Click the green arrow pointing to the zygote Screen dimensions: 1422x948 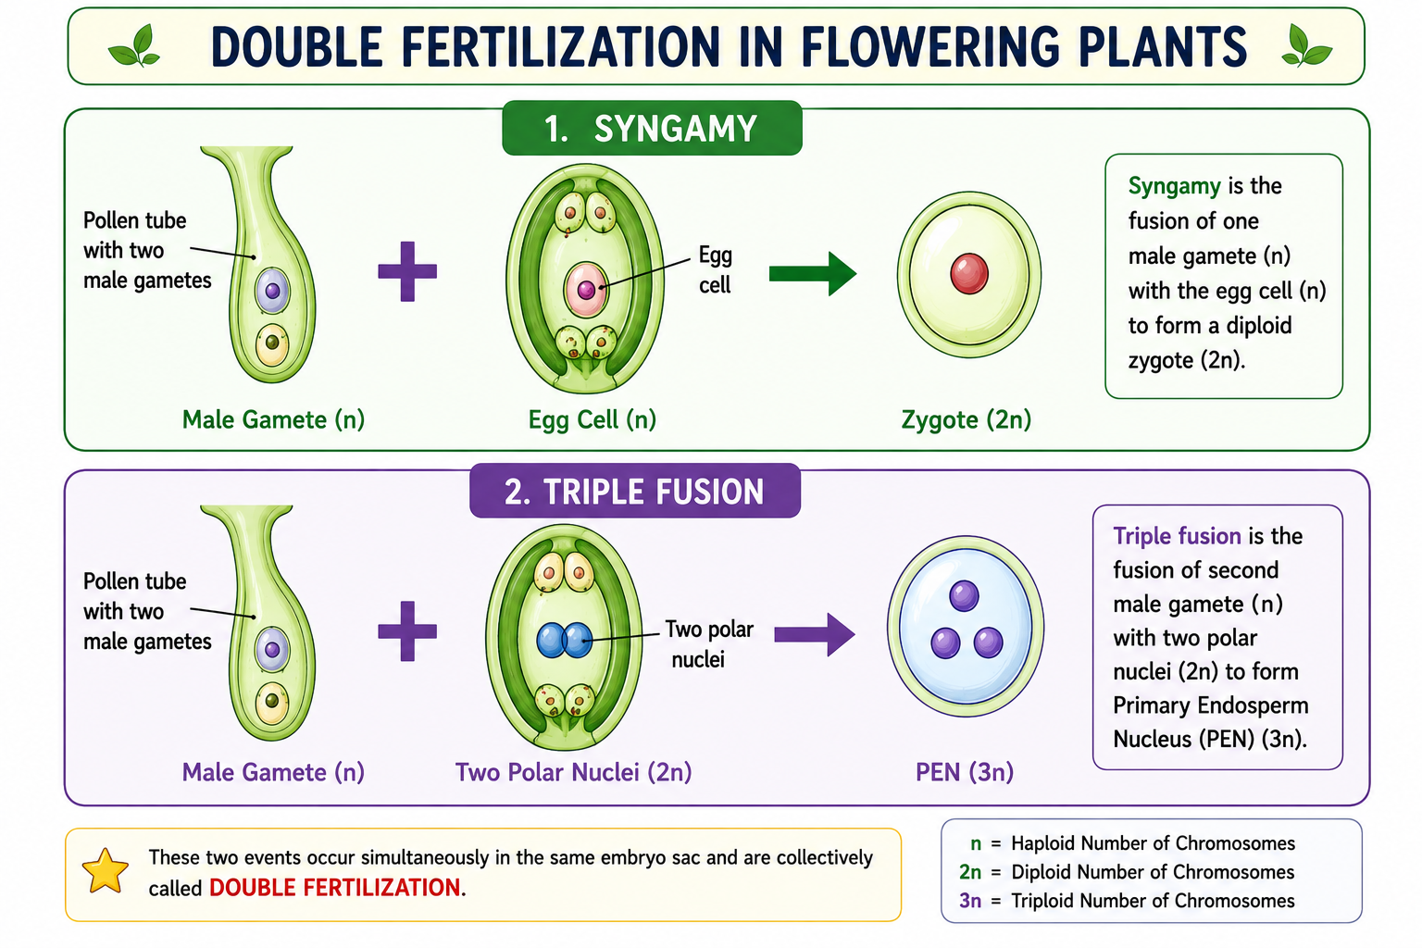(x=813, y=274)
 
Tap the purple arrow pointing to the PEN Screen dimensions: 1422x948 (x=815, y=633)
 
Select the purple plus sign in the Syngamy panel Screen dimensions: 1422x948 (x=407, y=271)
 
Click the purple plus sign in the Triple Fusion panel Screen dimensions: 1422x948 (x=407, y=631)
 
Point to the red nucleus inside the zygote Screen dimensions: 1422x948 (x=968, y=274)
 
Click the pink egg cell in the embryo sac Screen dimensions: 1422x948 (x=586, y=290)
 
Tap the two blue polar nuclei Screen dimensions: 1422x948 (x=565, y=640)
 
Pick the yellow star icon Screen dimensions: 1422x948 (x=106, y=871)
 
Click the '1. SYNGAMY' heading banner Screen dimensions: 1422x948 (x=652, y=128)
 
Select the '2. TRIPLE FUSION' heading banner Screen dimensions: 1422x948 (x=635, y=491)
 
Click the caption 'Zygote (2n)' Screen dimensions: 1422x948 (x=967, y=419)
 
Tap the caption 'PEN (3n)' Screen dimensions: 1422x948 (x=965, y=772)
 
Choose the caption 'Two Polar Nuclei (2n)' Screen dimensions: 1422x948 (x=573, y=772)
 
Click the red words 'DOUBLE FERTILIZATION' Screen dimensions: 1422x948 (x=334, y=888)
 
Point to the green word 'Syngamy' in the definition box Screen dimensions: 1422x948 (x=1175, y=187)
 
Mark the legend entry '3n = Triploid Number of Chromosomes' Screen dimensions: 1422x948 (x=1126, y=901)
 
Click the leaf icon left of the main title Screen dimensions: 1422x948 (x=134, y=45)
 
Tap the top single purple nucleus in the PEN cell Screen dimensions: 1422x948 (x=964, y=595)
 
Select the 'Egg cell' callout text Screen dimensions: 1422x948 (x=716, y=269)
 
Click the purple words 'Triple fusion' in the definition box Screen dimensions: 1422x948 (x=1177, y=536)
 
